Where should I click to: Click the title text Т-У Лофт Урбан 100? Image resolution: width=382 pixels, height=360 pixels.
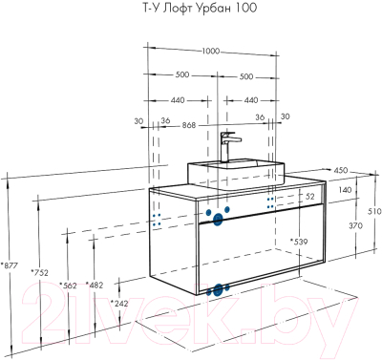(191, 10)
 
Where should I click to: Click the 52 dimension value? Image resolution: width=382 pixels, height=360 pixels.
(308, 196)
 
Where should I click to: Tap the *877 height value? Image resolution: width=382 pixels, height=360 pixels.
(12, 265)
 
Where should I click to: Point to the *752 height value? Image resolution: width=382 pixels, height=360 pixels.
(40, 273)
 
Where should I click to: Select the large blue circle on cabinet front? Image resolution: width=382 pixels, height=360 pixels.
(218, 219)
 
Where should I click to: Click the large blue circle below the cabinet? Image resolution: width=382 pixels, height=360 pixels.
(219, 289)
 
